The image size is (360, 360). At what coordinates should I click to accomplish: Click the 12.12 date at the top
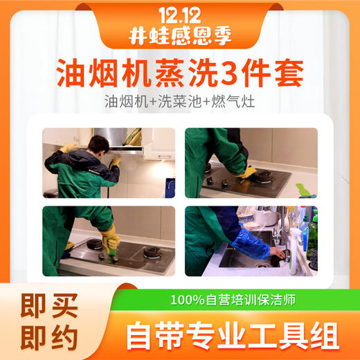tap(179, 14)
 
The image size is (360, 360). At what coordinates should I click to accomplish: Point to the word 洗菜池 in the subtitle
tap(181, 100)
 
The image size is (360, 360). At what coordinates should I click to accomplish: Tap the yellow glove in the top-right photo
tap(246, 172)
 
